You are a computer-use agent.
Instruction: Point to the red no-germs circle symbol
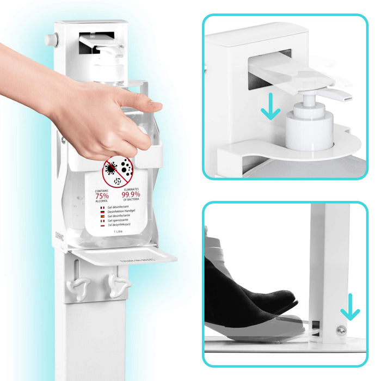click(x=118, y=173)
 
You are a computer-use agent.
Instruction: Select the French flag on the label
click(x=102, y=208)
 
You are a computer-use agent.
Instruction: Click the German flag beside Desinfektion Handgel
click(x=102, y=212)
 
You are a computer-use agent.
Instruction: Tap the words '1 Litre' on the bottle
click(x=118, y=231)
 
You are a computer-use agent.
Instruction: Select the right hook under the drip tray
click(x=119, y=283)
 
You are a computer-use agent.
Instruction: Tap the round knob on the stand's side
click(x=51, y=39)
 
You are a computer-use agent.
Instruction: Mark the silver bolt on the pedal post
click(x=341, y=330)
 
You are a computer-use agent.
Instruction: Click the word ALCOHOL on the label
click(x=102, y=201)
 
